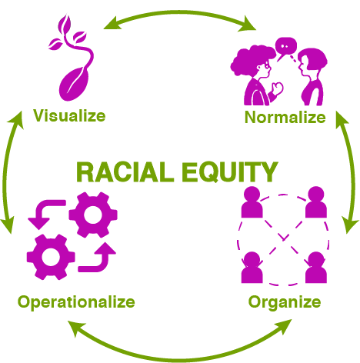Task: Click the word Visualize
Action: tap(69, 116)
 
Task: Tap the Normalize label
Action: tap(285, 118)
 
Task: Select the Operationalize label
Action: tap(76, 302)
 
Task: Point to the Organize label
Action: tap(285, 302)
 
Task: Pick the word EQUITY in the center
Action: tap(230, 172)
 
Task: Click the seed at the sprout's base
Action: tap(75, 84)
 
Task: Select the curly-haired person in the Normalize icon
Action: tap(256, 75)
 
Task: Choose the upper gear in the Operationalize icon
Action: tap(93, 215)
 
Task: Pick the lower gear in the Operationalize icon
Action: tap(51, 257)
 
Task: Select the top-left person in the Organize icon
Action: tap(252, 202)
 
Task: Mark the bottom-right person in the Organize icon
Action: tap(316, 268)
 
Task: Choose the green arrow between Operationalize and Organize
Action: tap(179, 360)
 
